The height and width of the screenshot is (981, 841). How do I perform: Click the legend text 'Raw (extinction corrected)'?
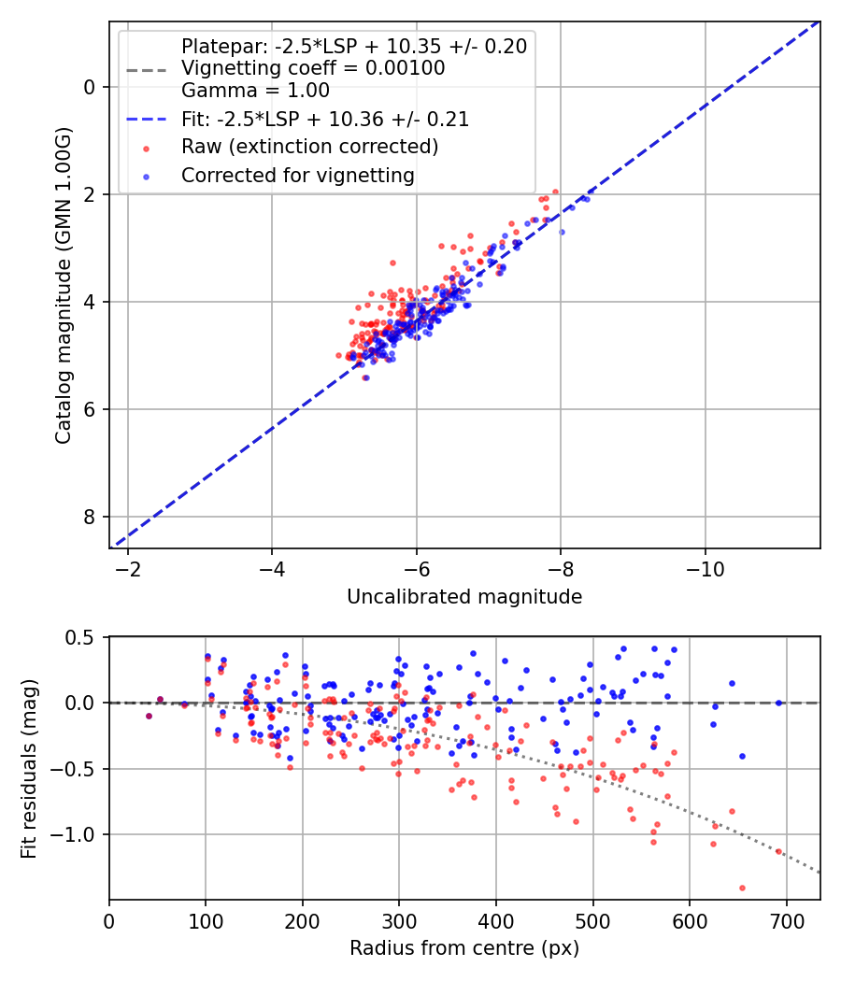(309, 147)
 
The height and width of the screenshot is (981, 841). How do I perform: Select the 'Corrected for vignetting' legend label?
(297, 175)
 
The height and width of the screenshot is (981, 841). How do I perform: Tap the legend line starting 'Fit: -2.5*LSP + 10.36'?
(324, 120)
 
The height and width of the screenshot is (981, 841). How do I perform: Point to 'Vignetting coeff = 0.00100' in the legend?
(312, 68)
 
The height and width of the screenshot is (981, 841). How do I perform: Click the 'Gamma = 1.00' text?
(255, 91)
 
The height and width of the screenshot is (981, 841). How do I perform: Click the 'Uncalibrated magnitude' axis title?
(464, 597)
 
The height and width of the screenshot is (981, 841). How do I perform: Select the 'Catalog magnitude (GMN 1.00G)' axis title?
(63, 302)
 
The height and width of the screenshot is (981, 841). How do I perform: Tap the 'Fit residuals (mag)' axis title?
(30, 768)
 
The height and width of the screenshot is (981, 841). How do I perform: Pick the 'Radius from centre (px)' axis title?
(464, 948)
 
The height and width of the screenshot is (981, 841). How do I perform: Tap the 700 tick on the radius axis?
(786, 919)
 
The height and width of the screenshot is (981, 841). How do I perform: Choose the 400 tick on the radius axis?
(496, 919)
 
